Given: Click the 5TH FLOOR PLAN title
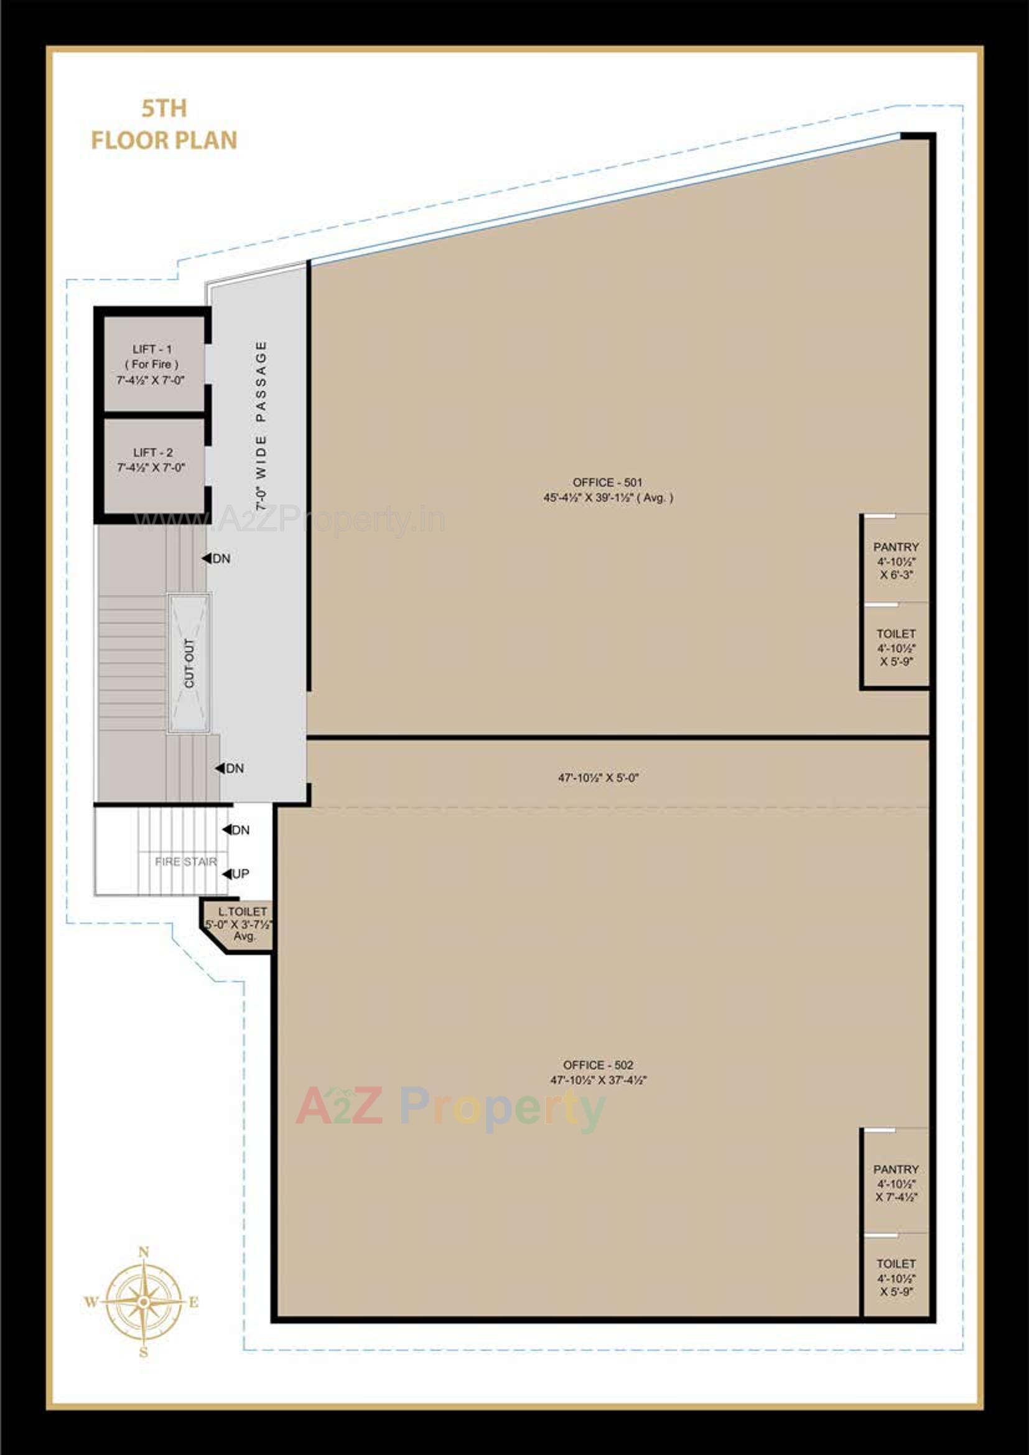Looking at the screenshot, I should click(164, 125).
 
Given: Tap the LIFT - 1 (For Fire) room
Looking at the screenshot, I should click(152, 365).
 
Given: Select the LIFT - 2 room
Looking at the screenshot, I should click(152, 461).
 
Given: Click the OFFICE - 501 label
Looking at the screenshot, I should click(607, 490).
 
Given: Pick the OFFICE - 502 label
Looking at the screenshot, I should click(598, 1072).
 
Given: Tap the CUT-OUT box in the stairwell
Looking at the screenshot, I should click(189, 663).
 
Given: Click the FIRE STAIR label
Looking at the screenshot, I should click(185, 862).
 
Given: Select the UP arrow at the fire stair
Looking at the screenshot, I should click(227, 874).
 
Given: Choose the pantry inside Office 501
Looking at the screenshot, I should click(895, 560).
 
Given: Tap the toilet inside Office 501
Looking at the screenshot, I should click(895, 647).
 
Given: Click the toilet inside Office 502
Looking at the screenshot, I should click(895, 1277).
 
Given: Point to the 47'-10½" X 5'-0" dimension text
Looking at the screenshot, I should click(598, 777).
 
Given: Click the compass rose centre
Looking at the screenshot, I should click(144, 1303).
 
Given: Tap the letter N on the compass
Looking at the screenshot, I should click(144, 1252).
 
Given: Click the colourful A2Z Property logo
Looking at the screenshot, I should click(450, 1106).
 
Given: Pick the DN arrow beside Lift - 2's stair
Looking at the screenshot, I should click(207, 558).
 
